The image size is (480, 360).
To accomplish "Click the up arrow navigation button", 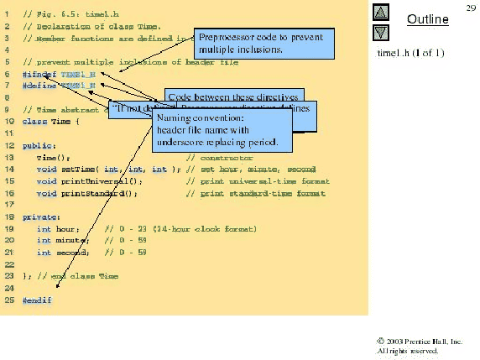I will [x=379, y=13].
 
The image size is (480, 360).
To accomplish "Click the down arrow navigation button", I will [x=379, y=33].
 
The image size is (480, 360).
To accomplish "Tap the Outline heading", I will [x=428, y=19].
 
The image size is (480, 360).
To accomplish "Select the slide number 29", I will [x=470, y=8].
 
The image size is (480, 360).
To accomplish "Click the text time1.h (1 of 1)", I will [x=411, y=54].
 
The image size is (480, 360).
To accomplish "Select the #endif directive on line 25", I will [x=37, y=300].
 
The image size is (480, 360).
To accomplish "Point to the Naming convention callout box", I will [x=222, y=132].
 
